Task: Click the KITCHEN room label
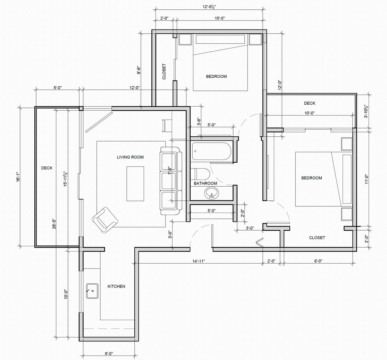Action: (x=116, y=286)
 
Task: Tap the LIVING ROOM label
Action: (x=130, y=157)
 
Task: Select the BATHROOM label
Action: (x=205, y=183)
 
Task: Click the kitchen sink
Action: (x=92, y=291)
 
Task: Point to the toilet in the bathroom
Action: (x=200, y=174)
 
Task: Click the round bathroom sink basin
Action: (x=211, y=192)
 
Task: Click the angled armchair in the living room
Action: (x=105, y=220)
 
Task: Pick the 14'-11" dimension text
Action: (x=199, y=261)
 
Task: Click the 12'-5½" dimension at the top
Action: (x=210, y=7)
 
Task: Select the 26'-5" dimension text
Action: (x=54, y=224)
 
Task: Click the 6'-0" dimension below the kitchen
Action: (x=109, y=353)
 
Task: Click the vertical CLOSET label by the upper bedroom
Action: (x=164, y=72)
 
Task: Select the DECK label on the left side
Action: (x=47, y=168)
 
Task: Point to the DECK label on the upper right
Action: (x=310, y=103)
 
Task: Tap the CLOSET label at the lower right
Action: (x=317, y=238)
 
